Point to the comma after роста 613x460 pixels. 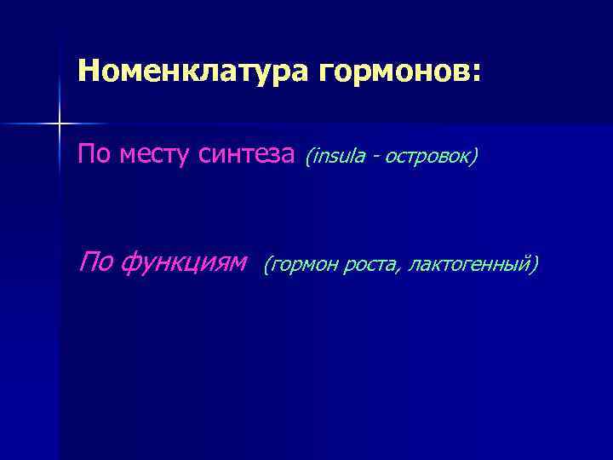(x=398, y=271)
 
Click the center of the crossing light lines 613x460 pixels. (x=59, y=124)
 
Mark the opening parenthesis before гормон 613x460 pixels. (x=266, y=265)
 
